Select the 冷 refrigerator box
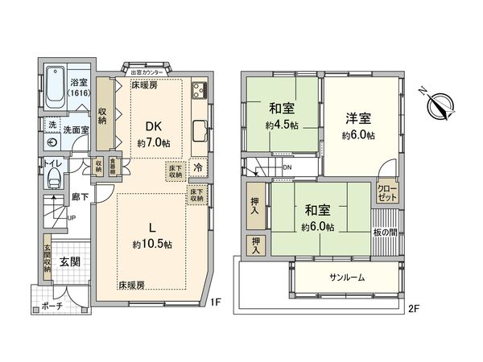198,170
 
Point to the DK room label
154,126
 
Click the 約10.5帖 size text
151,244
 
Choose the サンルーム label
347,278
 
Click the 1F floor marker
216,303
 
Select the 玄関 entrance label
68,261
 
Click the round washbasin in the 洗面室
52,142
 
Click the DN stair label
288,167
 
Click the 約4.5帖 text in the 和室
282,126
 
